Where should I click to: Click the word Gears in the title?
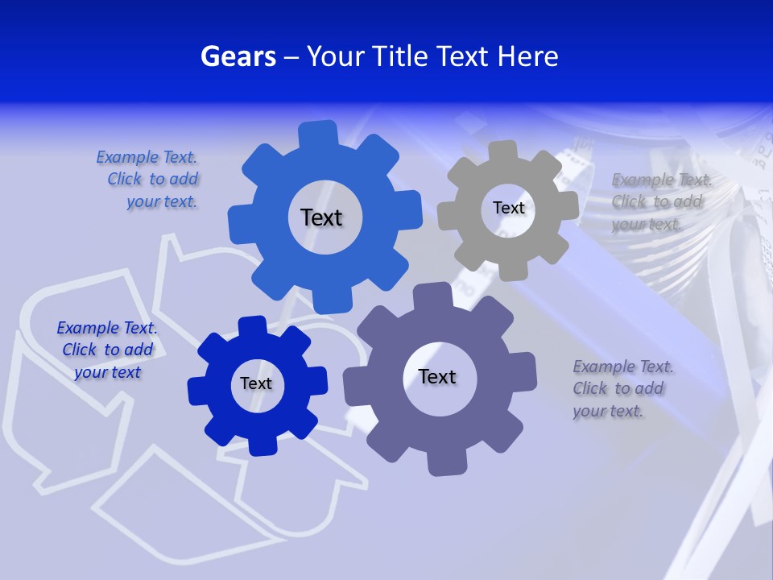(x=238, y=56)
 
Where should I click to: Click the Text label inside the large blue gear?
(x=321, y=217)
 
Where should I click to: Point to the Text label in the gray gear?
(x=508, y=208)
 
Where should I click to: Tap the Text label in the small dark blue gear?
(x=256, y=383)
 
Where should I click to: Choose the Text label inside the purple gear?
(x=437, y=376)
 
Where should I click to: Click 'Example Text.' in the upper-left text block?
(x=147, y=157)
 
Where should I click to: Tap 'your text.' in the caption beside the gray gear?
(x=647, y=224)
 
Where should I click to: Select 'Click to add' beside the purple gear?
(x=618, y=388)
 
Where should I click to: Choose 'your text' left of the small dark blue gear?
(x=107, y=372)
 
